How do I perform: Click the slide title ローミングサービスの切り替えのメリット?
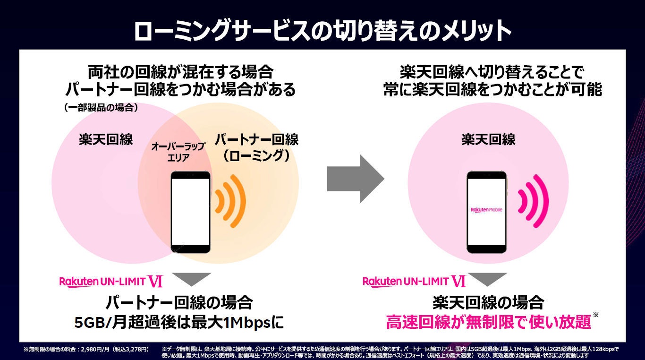pos(322,32)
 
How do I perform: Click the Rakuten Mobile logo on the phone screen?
pos(486,209)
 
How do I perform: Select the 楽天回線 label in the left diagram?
pos(106,140)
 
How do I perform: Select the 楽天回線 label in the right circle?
pos(488,139)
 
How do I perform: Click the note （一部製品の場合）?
pos(101,108)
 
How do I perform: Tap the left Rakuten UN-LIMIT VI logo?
pos(111,282)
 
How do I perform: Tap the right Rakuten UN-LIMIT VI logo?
pos(414,282)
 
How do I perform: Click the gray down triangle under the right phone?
pos(487,279)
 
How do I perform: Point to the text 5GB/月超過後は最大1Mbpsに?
pos(179,323)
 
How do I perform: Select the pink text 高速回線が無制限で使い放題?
pos(488,323)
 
